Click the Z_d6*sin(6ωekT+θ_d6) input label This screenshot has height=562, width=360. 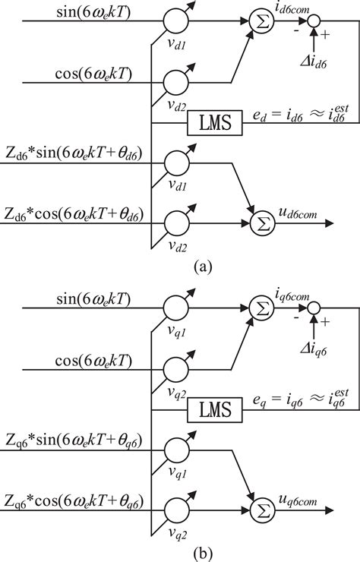tap(78, 156)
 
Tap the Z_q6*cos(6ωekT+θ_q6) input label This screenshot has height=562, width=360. tap(78, 501)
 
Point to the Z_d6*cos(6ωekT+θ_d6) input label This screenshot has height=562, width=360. tap(78, 213)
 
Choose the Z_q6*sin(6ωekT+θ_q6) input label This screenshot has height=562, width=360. tap(78, 444)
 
